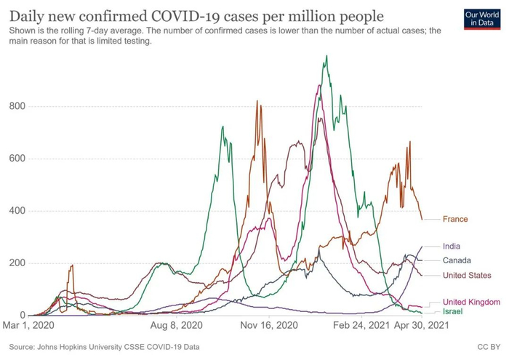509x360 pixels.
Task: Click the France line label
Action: [455, 219]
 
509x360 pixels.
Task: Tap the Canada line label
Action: [457, 260]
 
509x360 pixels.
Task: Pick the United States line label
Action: [467, 275]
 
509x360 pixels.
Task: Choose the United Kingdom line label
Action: [471, 302]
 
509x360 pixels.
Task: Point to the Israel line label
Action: [453, 311]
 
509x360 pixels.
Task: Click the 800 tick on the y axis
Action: [18, 106]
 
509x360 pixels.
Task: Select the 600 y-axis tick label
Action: [18, 159]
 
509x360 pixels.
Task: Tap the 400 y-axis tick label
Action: [18, 211]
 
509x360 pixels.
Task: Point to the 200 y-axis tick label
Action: [18, 263]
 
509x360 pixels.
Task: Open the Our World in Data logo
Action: [481, 19]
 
